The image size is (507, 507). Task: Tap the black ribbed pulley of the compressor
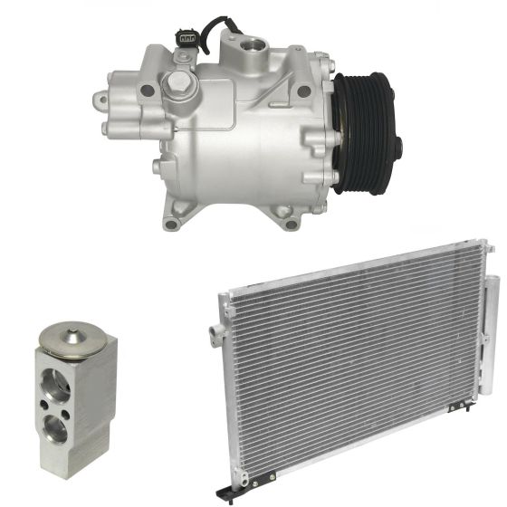(362, 131)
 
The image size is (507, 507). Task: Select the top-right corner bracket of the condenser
(487, 248)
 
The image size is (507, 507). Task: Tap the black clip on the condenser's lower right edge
(472, 399)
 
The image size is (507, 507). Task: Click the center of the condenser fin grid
(353, 371)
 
